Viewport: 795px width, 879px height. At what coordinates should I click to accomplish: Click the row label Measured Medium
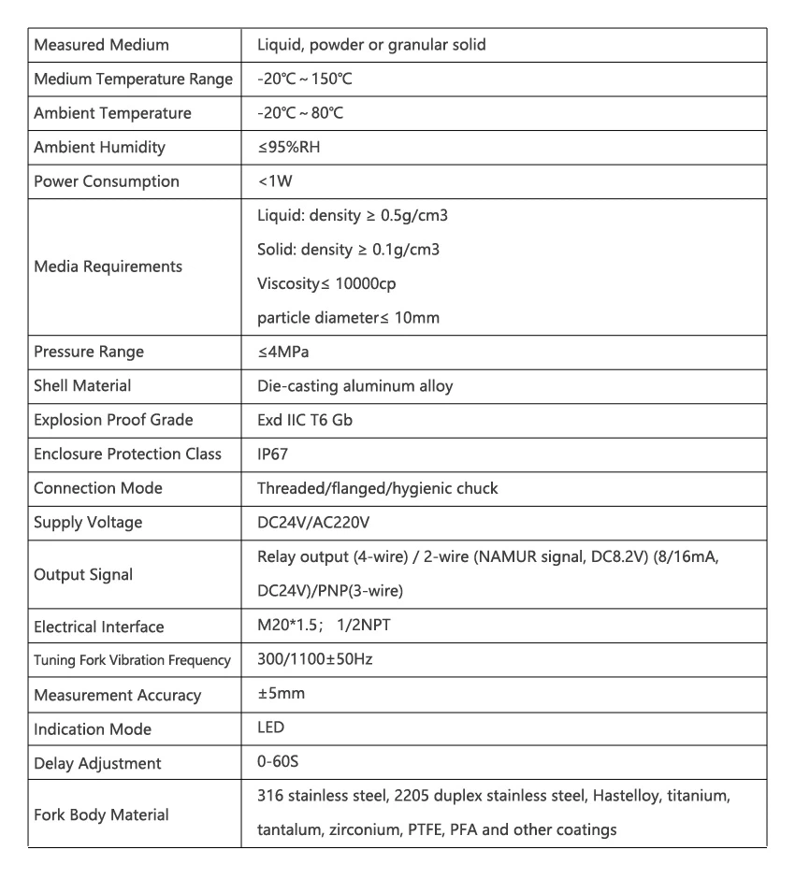click(x=101, y=45)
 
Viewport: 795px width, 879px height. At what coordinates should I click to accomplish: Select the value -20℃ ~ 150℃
click(x=304, y=79)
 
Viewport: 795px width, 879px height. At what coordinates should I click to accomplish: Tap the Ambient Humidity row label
click(x=99, y=148)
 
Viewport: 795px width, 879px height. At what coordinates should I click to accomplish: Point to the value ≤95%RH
click(x=290, y=148)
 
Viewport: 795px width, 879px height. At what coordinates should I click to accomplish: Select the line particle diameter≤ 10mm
click(x=348, y=318)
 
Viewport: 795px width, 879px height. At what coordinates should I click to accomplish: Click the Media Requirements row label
click(x=108, y=267)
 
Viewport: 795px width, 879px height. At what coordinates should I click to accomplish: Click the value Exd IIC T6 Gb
click(x=305, y=420)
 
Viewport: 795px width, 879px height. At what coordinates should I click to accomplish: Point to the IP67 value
click(x=272, y=454)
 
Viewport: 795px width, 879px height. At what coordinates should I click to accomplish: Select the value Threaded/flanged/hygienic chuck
click(x=377, y=488)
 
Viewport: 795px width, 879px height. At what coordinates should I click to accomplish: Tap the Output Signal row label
click(x=83, y=575)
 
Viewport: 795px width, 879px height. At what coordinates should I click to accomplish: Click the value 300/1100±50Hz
click(x=314, y=659)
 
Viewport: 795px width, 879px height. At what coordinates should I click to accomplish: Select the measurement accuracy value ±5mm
click(x=281, y=694)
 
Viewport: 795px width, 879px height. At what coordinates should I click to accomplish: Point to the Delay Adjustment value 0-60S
click(x=278, y=762)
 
